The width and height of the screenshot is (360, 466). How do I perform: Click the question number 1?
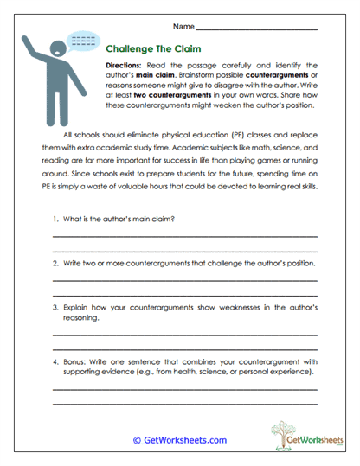55,218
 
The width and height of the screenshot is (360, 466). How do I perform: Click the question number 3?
55,307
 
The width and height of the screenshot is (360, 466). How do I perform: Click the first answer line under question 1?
184,235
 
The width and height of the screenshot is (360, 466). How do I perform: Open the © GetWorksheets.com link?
179,439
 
